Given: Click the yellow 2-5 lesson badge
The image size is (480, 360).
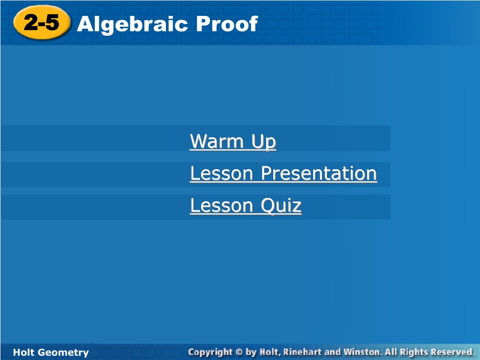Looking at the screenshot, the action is tap(42, 22).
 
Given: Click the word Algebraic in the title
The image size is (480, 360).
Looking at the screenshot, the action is tap(132, 24).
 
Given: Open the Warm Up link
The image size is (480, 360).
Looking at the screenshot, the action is tap(233, 142).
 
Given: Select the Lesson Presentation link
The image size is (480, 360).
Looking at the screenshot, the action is tap(284, 173).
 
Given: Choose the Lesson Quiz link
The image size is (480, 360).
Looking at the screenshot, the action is tap(246, 205).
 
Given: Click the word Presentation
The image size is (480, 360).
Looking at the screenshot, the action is tap(319, 173).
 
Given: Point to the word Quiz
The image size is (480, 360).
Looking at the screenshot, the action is tap(281, 206).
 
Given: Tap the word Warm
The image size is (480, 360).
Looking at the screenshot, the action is tap(217, 141).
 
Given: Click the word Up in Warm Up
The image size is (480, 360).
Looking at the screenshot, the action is tap(264, 142).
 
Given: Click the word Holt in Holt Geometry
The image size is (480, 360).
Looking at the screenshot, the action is tap(23, 352).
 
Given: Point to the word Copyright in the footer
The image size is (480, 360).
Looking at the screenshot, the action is tap(210, 352).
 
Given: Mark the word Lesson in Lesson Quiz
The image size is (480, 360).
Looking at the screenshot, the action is tap(222, 205).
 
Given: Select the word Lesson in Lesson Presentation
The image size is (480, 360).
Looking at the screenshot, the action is tap(222, 173).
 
